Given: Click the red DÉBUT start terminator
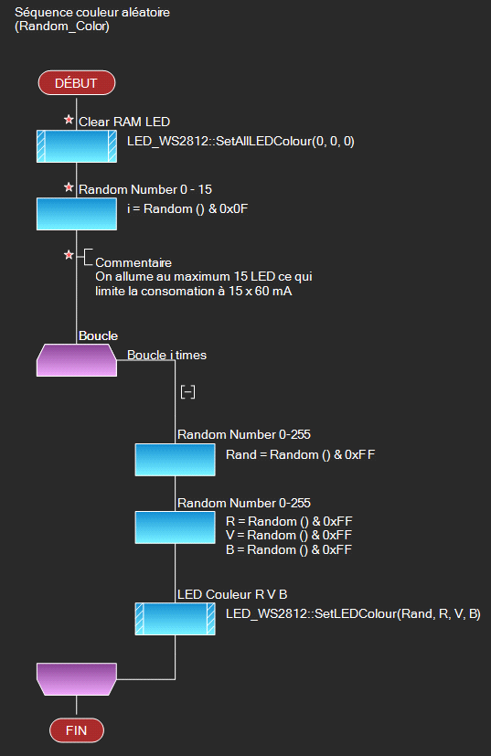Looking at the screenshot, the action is (77, 83).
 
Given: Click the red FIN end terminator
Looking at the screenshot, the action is (77, 730).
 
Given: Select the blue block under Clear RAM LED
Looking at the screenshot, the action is (77, 146).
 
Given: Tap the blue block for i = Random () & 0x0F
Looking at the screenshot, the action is (77, 214).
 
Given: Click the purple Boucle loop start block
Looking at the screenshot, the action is (77, 360).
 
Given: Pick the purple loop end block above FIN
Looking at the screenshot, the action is (77, 679).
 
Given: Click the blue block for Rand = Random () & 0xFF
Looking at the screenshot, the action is (175, 460).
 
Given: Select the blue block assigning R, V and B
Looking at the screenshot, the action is (175, 527).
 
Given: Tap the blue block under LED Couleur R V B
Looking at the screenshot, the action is (175, 619).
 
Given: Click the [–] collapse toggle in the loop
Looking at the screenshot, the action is (187, 392).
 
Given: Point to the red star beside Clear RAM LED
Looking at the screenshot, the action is (69, 119).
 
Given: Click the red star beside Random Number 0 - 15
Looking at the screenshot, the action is (69, 187).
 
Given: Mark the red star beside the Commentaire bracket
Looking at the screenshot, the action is (69, 254).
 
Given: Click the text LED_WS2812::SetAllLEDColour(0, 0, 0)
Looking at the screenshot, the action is (240, 142).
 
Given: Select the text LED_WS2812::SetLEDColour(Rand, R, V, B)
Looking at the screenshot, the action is (353, 613).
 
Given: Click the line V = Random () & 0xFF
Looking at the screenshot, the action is (289, 535).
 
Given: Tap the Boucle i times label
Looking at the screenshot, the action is (167, 356).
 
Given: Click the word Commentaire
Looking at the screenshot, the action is (133, 262).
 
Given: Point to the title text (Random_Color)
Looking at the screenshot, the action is (62, 26).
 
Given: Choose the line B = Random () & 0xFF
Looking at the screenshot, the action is (289, 549).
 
